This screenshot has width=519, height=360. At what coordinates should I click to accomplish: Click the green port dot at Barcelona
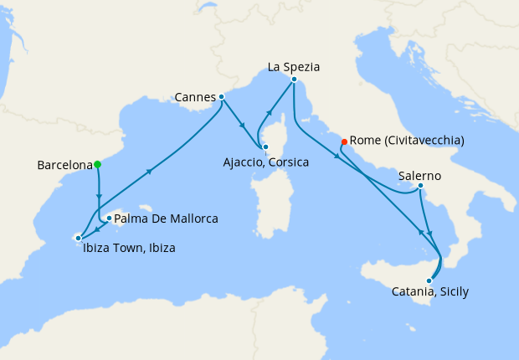pos(97,164)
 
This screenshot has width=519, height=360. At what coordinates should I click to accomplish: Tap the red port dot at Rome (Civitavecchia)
pos(344,142)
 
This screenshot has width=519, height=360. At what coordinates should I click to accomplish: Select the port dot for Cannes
pos(221,96)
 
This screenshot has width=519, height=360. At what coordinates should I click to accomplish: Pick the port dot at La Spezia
pos(294,80)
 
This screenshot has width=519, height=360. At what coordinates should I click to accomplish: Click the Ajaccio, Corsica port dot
pos(265,147)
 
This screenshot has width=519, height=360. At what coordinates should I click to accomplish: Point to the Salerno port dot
pos(419,186)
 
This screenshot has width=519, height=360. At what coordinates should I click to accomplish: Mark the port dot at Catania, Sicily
pos(429,280)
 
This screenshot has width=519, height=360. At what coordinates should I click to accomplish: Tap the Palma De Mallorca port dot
pos(109,218)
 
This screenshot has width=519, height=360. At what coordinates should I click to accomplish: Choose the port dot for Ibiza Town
pos(78,238)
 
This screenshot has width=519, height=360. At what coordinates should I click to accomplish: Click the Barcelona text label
pos(64,165)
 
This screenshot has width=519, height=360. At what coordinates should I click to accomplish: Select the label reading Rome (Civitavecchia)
pos(407,140)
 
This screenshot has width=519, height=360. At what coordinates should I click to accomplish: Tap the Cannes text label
pos(195,97)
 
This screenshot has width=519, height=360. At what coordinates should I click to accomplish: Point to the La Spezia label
pos(294,65)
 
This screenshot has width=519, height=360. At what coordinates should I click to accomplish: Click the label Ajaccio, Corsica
pos(267,162)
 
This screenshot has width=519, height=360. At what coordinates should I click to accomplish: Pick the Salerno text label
pos(419,177)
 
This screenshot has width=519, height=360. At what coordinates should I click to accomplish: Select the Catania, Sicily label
pos(430,292)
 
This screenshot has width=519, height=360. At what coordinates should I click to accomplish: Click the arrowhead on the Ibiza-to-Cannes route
pos(150,172)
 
